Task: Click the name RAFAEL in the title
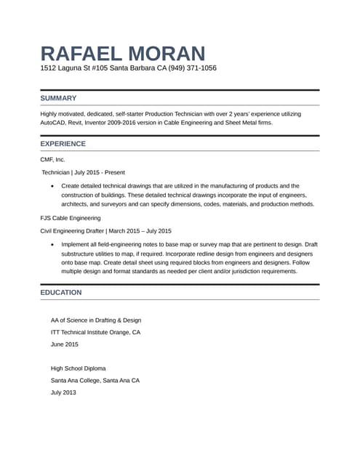coord(80,53)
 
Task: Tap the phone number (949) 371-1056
coord(190,68)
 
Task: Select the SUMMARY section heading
coord(58,98)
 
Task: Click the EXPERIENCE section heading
coord(63,144)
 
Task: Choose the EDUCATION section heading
coord(61,292)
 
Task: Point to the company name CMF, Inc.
coord(53,158)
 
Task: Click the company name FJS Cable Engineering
coord(71,218)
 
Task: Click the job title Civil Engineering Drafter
coord(72,231)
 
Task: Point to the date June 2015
coord(65,344)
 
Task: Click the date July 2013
coord(63,392)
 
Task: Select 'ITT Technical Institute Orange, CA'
coord(95,332)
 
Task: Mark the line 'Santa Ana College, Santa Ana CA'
coord(95,380)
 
